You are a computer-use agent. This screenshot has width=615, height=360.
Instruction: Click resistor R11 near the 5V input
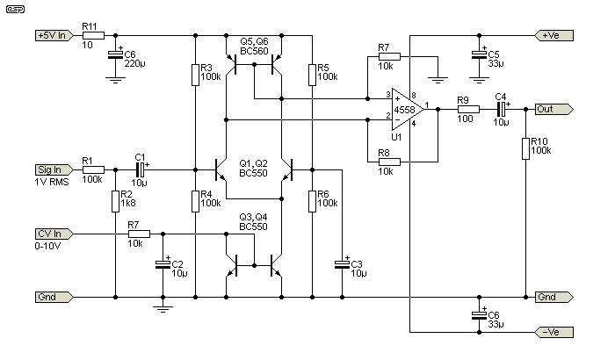pyautogui.click(x=94, y=36)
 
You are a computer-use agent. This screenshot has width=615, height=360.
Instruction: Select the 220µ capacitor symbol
pyautogui.click(x=115, y=56)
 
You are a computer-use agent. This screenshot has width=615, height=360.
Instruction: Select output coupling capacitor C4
pyautogui.click(x=502, y=109)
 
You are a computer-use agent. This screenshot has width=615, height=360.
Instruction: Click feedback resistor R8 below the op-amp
pyautogui.click(x=389, y=162)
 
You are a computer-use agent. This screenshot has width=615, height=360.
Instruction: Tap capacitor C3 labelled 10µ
pyautogui.click(x=342, y=263)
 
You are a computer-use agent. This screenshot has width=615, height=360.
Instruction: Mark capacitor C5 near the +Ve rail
pyautogui.click(x=479, y=54)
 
